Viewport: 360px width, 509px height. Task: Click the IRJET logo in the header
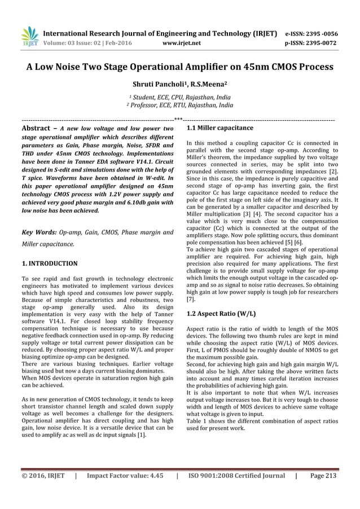29,37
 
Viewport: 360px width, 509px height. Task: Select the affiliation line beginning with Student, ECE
181,98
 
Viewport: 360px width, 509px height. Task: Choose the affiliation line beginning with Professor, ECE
180,106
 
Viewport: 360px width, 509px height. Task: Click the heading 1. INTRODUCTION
49,263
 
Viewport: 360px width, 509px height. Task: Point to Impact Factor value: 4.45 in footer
125,476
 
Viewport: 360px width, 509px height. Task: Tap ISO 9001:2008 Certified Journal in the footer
236,476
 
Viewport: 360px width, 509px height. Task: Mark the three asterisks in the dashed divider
179,119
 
